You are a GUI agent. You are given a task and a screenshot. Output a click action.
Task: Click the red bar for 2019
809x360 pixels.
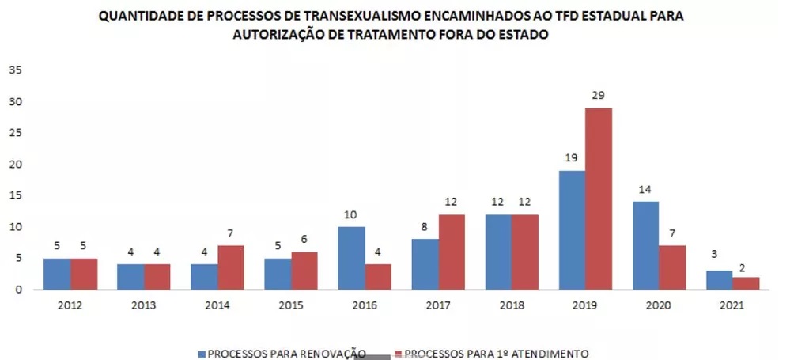(598, 199)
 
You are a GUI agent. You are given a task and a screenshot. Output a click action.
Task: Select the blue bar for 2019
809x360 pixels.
(571, 229)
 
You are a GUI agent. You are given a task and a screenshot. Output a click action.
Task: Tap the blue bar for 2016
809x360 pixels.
(350, 258)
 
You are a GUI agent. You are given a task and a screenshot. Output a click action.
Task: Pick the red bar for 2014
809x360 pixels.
(230, 267)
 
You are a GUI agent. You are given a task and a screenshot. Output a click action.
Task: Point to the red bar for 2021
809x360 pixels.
(745, 283)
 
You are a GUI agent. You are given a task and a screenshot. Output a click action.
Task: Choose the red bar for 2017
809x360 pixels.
(451, 252)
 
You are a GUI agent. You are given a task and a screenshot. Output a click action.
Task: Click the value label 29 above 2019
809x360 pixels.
(598, 96)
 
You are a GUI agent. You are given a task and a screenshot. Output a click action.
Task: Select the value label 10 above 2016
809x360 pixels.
(350, 214)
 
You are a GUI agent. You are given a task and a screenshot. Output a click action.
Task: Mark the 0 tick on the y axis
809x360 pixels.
(18, 290)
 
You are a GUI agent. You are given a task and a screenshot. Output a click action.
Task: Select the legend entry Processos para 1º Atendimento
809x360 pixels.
(494, 353)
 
